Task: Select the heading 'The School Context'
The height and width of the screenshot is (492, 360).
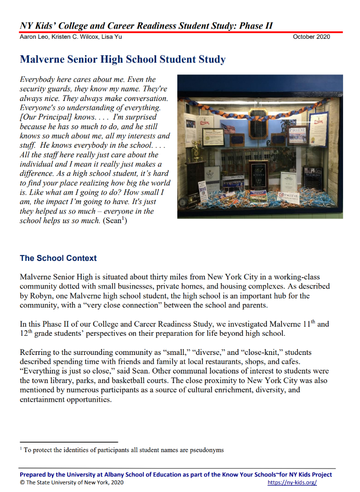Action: (x=58, y=258)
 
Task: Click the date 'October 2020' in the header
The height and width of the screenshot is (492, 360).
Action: (x=311, y=37)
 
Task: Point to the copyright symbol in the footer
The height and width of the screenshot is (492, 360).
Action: (x=22, y=482)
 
